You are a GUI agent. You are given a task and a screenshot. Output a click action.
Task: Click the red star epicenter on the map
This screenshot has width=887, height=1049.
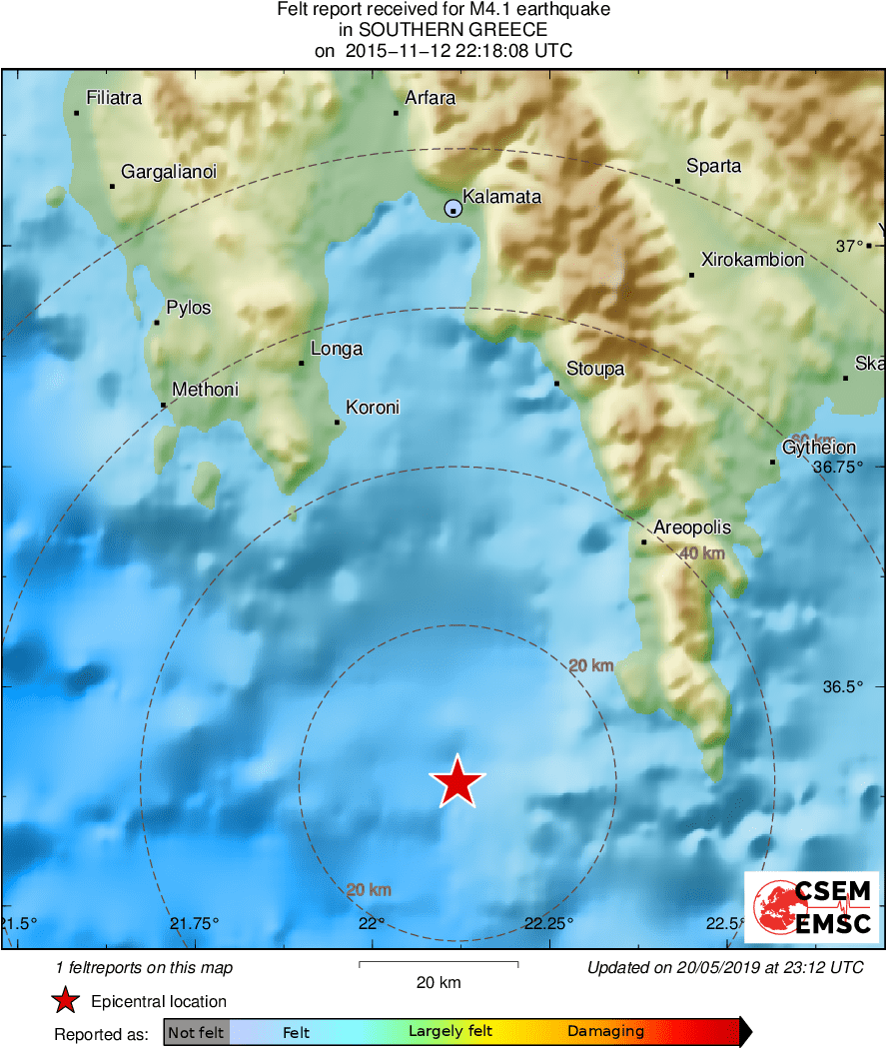[457, 781]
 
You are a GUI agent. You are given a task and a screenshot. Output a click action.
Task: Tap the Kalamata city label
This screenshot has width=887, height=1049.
[501, 197]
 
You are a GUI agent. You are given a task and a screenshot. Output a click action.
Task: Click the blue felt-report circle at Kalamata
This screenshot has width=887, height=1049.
[453, 209]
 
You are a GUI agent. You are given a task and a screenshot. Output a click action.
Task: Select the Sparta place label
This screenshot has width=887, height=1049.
[713, 166]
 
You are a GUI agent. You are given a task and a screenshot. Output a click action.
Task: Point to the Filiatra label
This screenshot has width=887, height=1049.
[114, 98]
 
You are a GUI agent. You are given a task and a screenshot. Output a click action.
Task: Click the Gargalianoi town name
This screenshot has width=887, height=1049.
[168, 172]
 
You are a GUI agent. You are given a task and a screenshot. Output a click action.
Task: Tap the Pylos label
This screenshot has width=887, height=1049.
[188, 308]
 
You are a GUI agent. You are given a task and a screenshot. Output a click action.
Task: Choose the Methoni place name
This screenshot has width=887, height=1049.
[205, 390]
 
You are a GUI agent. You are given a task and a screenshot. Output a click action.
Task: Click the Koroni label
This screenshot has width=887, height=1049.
[372, 408]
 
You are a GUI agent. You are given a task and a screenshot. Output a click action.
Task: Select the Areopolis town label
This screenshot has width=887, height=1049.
[691, 528]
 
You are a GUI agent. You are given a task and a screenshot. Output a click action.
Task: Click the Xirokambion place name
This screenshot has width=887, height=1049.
[752, 260]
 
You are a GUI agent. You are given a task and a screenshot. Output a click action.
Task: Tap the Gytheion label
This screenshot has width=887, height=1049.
[819, 449]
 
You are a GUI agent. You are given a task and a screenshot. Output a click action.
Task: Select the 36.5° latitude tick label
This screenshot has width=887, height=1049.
[842, 687]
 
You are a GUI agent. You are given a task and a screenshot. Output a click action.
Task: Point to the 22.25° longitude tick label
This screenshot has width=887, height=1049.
[549, 923]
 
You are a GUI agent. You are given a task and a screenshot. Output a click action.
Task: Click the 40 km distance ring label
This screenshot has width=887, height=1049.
[701, 553]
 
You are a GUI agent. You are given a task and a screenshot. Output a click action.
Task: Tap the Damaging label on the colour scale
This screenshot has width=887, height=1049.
[605, 1032]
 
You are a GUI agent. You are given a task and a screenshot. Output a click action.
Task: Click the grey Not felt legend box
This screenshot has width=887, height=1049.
[196, 1032]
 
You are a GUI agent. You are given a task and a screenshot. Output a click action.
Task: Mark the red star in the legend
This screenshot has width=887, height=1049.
[65, 1000]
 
